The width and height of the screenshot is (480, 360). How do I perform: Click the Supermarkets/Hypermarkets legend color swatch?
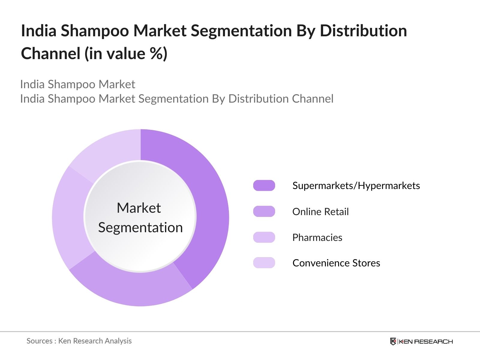[264, 185]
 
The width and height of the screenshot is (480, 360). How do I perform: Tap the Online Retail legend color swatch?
[264, 211]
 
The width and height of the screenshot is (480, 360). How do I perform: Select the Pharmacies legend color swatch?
[264, 237]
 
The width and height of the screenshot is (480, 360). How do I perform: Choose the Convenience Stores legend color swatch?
[264, 263]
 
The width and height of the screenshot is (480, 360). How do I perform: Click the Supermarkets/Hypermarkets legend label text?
[356, 186]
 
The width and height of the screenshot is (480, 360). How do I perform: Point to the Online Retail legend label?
[320, 212]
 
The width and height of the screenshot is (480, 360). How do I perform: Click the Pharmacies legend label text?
[317, 238]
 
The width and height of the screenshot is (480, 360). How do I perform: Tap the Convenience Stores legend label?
[336, 263]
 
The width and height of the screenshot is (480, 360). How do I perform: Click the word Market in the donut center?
[139, 208]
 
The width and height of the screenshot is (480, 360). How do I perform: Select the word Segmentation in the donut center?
[140, 227]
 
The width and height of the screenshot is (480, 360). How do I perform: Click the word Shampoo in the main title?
[95, 31]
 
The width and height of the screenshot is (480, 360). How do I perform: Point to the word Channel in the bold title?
[50, 54]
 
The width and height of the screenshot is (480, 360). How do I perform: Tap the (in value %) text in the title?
[126, 54]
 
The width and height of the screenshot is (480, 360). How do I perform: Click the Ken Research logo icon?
[393, 341]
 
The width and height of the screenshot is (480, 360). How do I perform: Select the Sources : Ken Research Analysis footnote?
[79, 341]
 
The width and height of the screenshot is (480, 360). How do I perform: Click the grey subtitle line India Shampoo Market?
[78, 84]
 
